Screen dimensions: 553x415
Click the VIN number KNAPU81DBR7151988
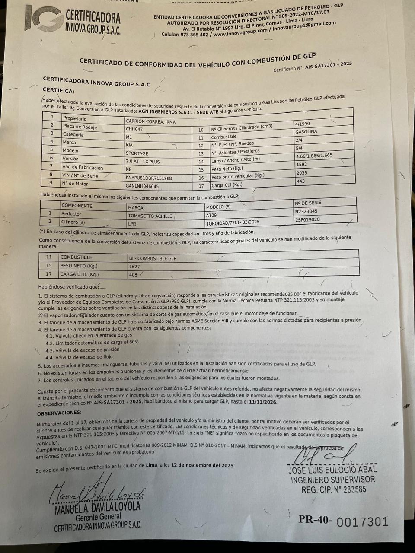[x=149, y=178]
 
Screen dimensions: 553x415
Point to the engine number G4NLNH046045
[x=142, y=186]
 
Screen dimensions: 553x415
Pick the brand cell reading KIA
[x=129, y=145]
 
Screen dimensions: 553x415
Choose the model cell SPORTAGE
[x=137, y=153]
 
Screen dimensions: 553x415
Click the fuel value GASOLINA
[x=306, y=131]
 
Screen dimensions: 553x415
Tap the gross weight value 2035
[x=302, y=173]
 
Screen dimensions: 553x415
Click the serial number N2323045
[x=306, y=211]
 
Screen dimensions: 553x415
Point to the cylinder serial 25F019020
[x=307, y=219]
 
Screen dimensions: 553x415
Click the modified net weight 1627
[x=134, y=267]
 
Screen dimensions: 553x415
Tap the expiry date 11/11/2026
[x=262, y=402]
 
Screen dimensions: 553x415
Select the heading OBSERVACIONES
[x=59, y=413]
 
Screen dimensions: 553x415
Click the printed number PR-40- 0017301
[x=343, y=521]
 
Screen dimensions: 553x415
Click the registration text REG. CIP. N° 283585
[x=334, y=489]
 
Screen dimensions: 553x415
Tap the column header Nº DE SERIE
[x=308, y=203]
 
